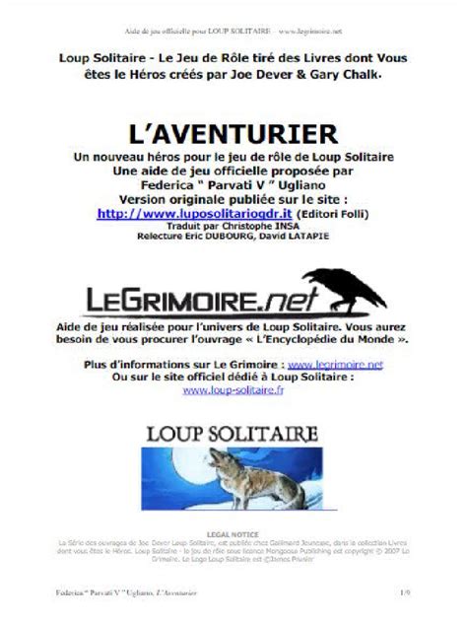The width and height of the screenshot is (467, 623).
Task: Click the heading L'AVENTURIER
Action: coord(233,132)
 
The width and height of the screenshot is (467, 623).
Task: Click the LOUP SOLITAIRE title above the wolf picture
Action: coord(233,434)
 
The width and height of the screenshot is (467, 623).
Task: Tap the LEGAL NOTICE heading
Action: coord(233,532)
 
